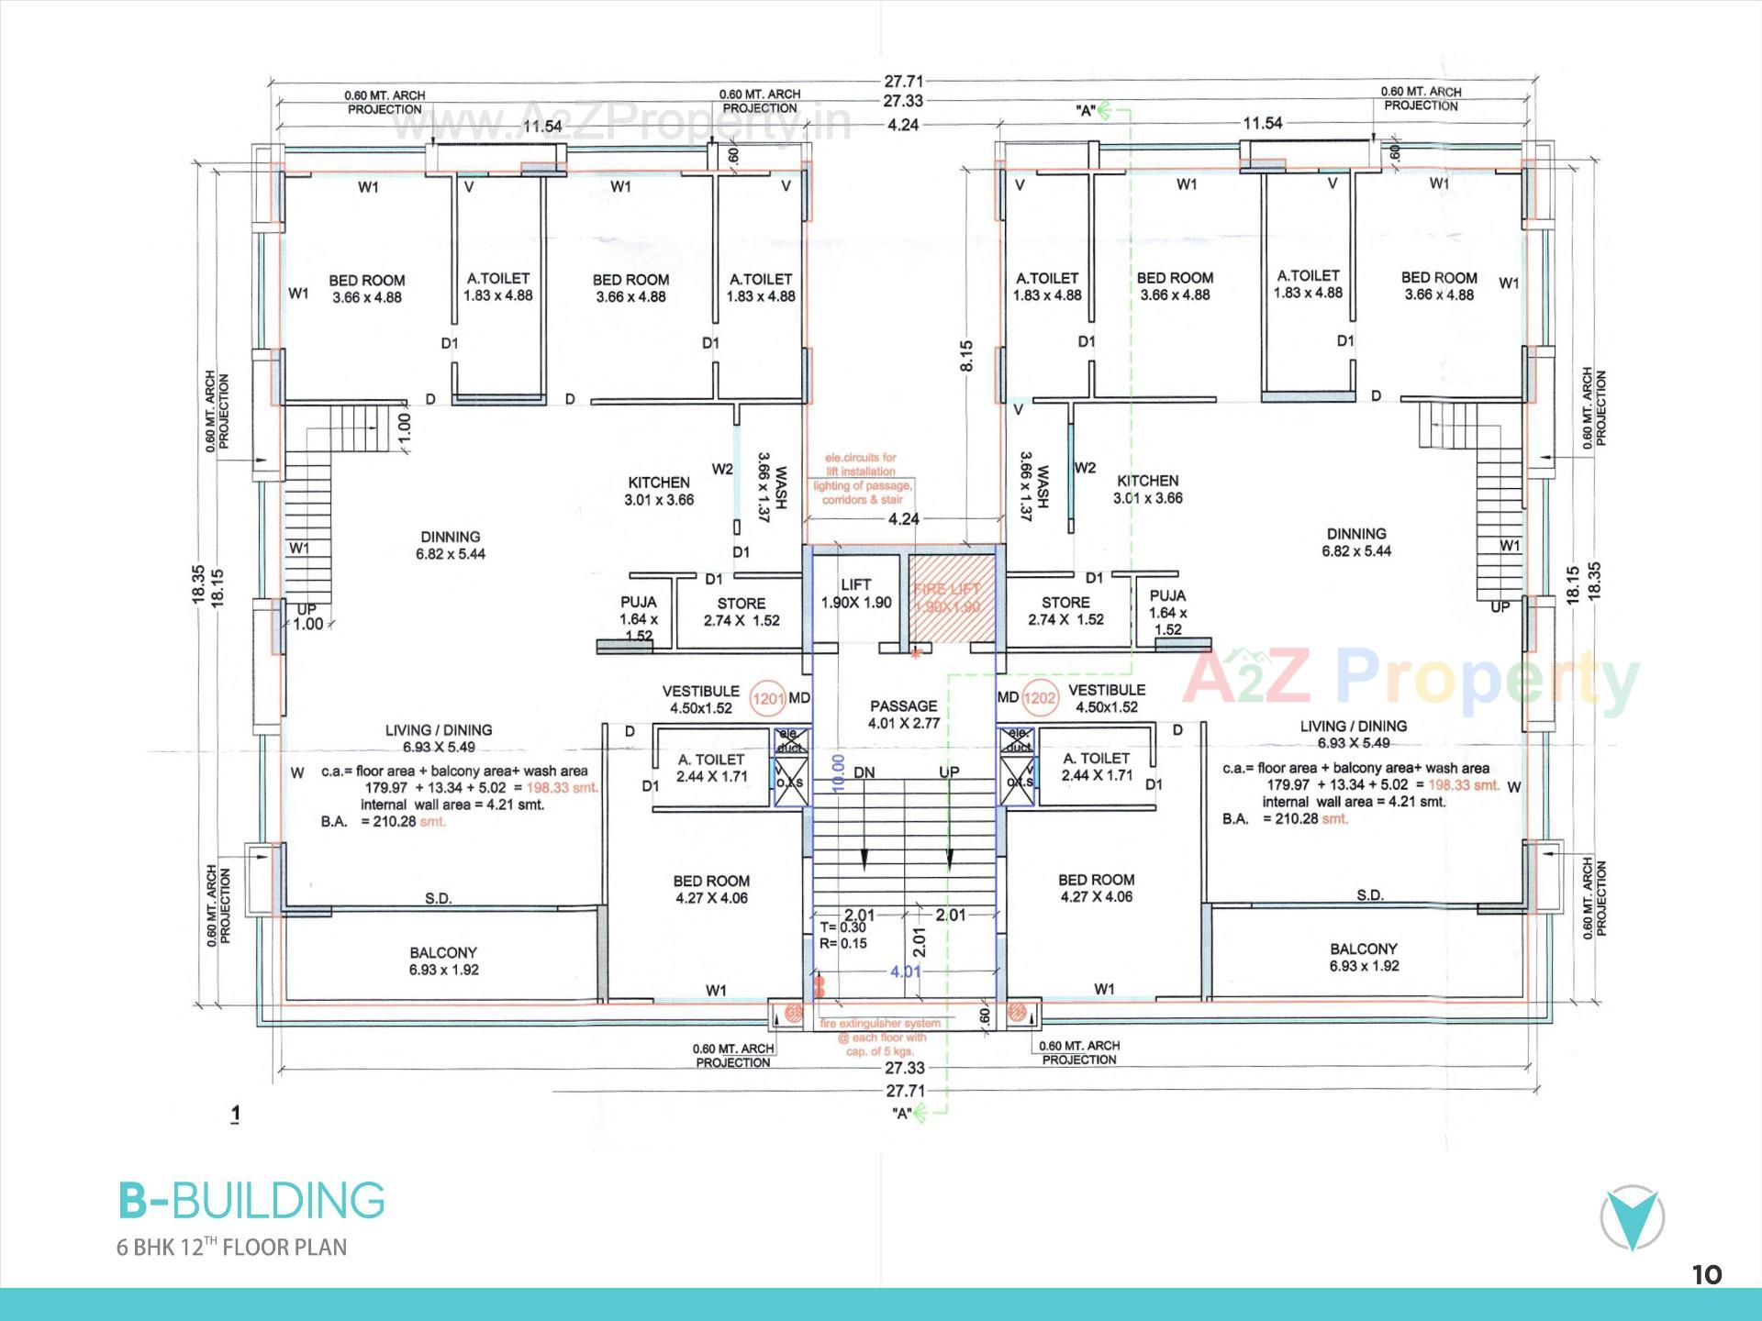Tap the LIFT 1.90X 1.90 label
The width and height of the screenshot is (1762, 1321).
pos(855,594)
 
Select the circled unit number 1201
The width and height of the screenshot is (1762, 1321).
pos(768,699)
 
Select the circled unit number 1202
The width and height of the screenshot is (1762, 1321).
pos(1039,698)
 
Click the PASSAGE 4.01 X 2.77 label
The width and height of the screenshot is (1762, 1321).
pos(904,714)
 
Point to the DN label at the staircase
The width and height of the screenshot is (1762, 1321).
pos(864,772)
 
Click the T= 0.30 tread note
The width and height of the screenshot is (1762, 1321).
pos(842,927)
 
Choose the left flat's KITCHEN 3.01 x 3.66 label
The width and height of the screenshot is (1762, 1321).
pos(659,491)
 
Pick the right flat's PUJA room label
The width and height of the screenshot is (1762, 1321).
pos(1167,612)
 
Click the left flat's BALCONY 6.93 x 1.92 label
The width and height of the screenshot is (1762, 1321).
pos(443,960)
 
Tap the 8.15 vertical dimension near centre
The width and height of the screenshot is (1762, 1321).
pos(966,356)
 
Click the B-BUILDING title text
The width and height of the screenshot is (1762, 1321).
pos(251,1201)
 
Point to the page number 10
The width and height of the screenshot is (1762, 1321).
pos(1707,1274)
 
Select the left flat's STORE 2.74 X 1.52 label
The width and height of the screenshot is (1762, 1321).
pos(742,611)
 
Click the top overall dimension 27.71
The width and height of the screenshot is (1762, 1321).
pos(903,82)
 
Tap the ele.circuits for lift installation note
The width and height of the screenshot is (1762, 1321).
pos(860,478)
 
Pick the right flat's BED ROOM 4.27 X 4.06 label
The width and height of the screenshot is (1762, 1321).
pos(1096,887)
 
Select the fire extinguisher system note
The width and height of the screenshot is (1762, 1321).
pos(881,1037)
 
